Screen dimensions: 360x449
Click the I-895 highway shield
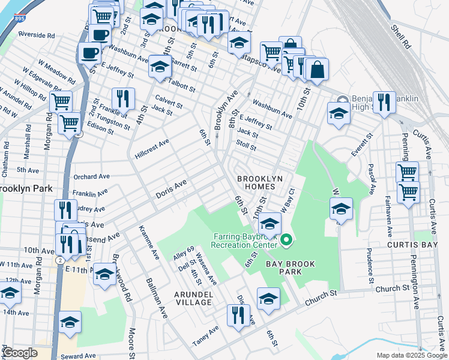click(19, 19)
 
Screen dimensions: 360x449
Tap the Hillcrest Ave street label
click(152, 150)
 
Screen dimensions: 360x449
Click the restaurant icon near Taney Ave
click(238, 314)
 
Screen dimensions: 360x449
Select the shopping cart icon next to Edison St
click(70, 122)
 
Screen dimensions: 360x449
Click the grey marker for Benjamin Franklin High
click(342, 100)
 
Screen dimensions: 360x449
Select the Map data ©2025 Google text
click(411, 355)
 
